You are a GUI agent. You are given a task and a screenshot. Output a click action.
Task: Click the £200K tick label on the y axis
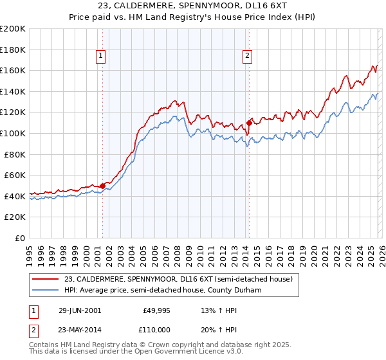click(12, 29)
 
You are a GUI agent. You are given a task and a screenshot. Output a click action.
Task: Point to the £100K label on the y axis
click(12, 133)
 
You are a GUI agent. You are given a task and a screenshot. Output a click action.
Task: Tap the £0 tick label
click(19, 238)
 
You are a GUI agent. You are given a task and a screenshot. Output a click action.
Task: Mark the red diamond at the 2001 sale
click(102, 186)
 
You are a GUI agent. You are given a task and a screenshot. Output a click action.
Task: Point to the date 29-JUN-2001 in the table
click(80, 310)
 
